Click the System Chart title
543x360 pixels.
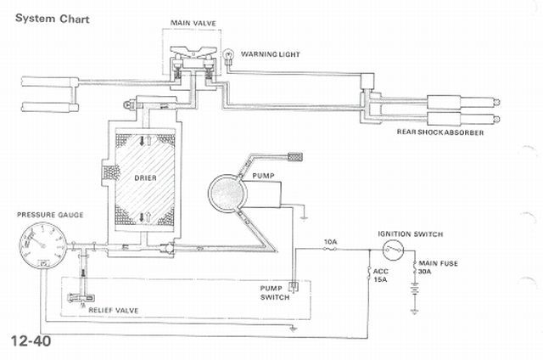[x=52, y=19]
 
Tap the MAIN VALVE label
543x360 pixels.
[x=193, y=23]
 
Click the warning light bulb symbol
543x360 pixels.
[x=229, y=55]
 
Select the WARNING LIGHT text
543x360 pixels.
[x=270, y=54]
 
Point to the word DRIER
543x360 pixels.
[x=145, y=178]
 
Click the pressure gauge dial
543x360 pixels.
[x=42, y=245]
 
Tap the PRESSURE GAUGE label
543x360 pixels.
[x=50, y=215]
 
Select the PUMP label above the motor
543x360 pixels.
[x=263, y=176]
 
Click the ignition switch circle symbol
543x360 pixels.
[x=394, y=250]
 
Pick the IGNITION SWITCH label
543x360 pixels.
[x=410, y=234]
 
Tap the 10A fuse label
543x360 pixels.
[x=330, y=241]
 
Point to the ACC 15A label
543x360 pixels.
[x=381, y=275]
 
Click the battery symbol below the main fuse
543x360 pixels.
[x=415, y=289]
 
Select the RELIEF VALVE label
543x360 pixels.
[x=113, y=310]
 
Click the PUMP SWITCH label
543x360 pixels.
[x=275, y=293]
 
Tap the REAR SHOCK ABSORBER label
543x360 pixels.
[x=439, y=132]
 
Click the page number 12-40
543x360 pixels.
[x=31, y=341]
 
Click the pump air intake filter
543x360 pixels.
[x=295, y=156]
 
